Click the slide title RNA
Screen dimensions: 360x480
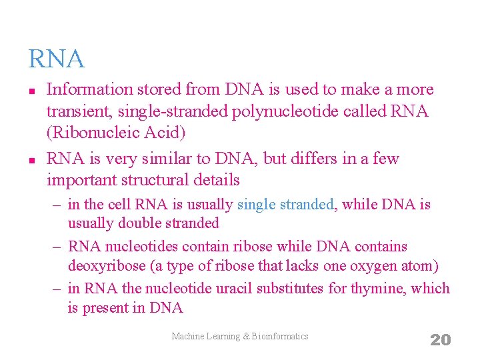(x=57, y=59)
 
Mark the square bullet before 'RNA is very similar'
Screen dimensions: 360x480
(x=31, y=160)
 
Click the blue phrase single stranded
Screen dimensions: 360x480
(x=285, y=205)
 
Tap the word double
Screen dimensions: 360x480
(x=137, y=223)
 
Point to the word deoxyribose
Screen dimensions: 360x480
(x=107, y=267)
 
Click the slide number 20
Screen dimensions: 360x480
(x=440, y=340)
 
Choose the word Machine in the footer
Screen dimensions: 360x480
(x=188, y=337)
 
